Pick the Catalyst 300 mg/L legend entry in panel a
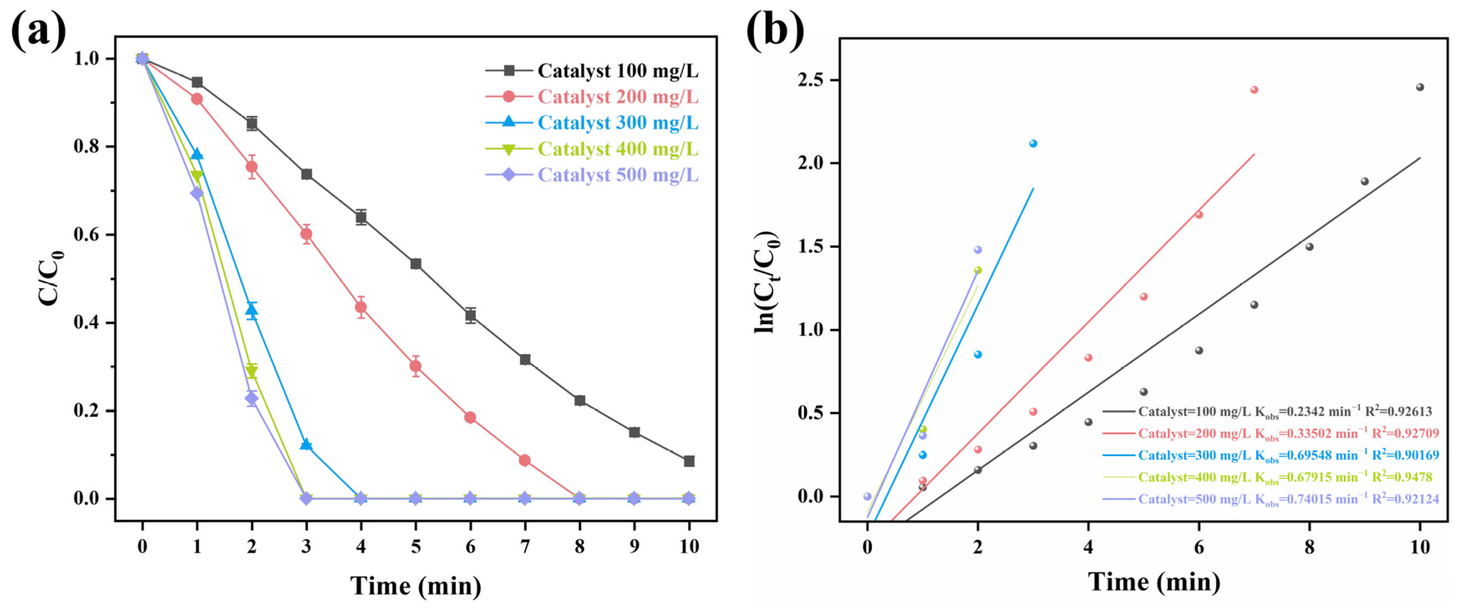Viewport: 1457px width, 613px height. pyautogui.click(x=618, y=123)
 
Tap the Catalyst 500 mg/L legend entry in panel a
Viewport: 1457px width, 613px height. pyautogui.click(x=618, y=175)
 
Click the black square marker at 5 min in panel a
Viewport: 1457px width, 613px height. pyautogui.click(x=416, y=264)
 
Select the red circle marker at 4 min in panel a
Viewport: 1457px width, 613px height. pyautogui.click(x=361, y=307)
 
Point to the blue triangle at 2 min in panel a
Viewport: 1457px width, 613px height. pyautogui.click(x=252, y=309)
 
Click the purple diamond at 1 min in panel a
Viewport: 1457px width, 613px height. pyautogui.click(x=197, y=193)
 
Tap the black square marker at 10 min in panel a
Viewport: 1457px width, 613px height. pyautogui.click(x=689, y=461)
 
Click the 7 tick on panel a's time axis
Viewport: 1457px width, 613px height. pyautogui.click(x=525, y=547)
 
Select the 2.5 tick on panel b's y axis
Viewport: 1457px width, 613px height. pyautogui.click(x=810, y=80)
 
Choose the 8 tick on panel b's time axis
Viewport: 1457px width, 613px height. pyautogui.click(x=1310, y=547)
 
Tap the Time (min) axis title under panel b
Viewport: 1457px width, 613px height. pyautogui.click(x=1154, y=582)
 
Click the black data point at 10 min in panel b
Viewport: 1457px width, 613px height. pyautogui.click(x=1420, y=87)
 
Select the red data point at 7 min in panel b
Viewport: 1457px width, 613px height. pyautogui.click(x=1254, y=89)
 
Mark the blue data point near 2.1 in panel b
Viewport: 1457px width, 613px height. pyautogui.click(x=1033, y=144)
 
